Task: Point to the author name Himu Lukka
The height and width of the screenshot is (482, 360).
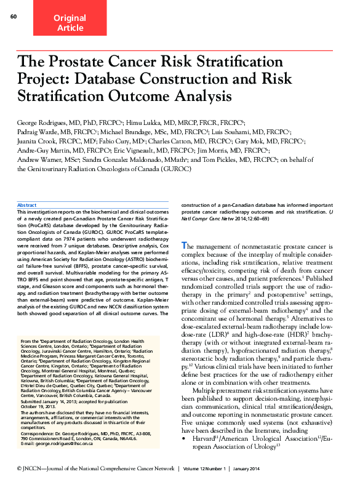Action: (145, 123)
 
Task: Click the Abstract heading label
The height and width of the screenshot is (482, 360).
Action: (27, 205)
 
